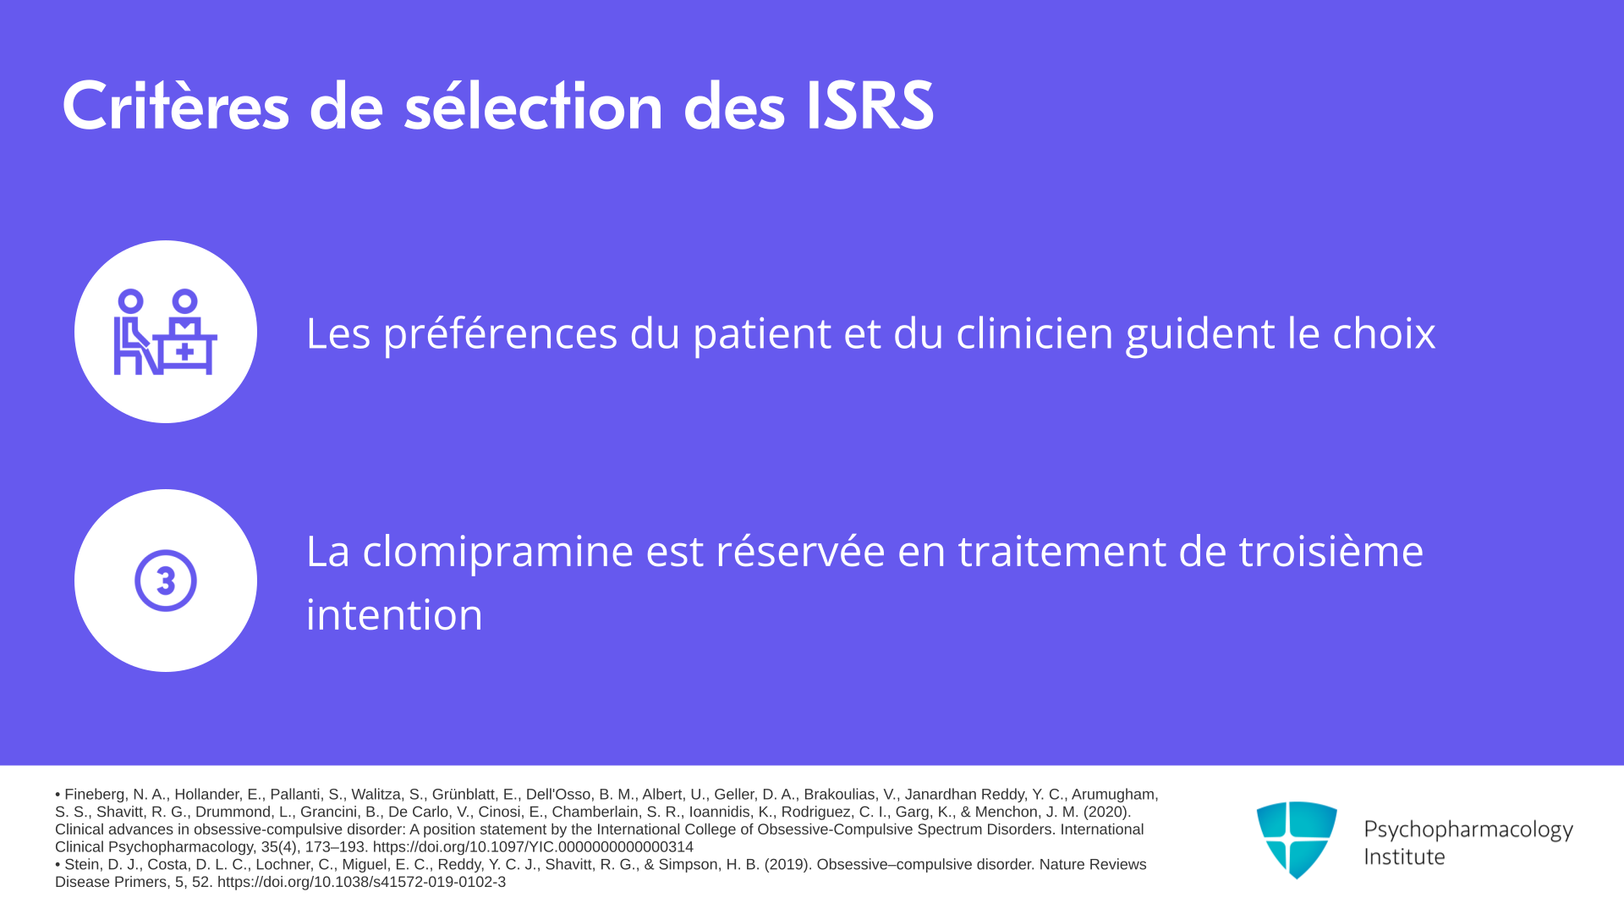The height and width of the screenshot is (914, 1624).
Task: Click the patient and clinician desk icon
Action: [x=166, y=332]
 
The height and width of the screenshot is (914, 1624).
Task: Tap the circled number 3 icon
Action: [x=166, y=581]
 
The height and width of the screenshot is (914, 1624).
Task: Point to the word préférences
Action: [x=501, y=333]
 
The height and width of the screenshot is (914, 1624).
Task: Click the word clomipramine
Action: [x=497, y=552]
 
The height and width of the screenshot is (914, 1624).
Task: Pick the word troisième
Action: [x=1331, y=552]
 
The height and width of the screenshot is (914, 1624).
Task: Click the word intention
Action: [x=394, y=614]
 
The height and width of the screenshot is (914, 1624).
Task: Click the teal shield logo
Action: [x=1297, y=840]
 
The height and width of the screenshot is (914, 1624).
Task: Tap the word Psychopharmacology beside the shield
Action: [x=1468, y=830]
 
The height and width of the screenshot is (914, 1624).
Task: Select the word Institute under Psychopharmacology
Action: [x=1404, y=856]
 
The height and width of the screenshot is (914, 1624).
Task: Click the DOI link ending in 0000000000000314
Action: [x=533, y=847]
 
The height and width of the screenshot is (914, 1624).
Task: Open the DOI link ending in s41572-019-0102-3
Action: [x=361, y=882]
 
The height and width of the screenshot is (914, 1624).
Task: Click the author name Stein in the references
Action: [x=83, y=865]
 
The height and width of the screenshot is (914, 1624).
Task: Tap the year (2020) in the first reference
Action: [x=1107, y=812]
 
